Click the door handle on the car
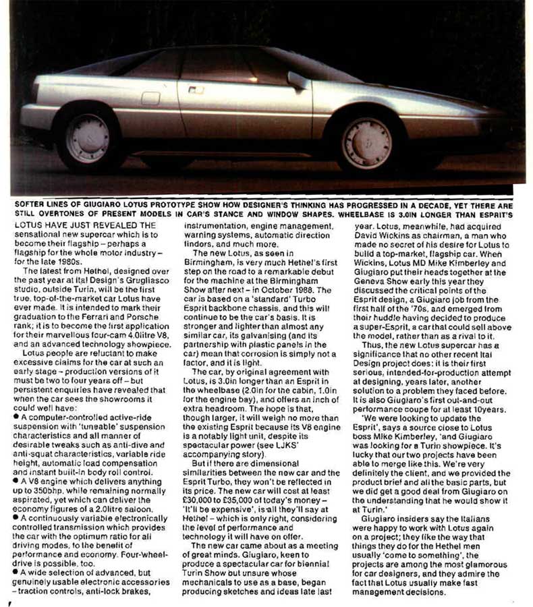[196, 89]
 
